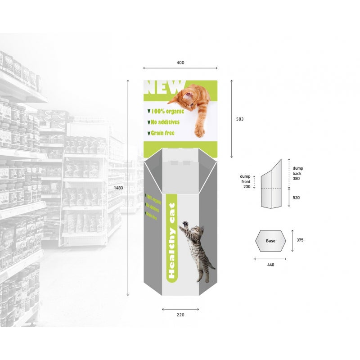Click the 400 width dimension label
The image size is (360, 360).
tap(180, 63)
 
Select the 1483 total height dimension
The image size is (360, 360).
tap(118, 187)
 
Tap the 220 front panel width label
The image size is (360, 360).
tap(180, 315)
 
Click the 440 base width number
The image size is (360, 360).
tap(270, 265)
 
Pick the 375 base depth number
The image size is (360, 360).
tap(300, 240)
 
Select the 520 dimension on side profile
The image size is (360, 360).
tap(296, 197)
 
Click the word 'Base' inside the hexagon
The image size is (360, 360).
tap(270, 241)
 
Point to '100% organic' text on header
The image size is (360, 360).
tap(166, 111)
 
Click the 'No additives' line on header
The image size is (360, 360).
tap(164, 122)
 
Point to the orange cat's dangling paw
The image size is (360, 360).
tap(199, 131)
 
